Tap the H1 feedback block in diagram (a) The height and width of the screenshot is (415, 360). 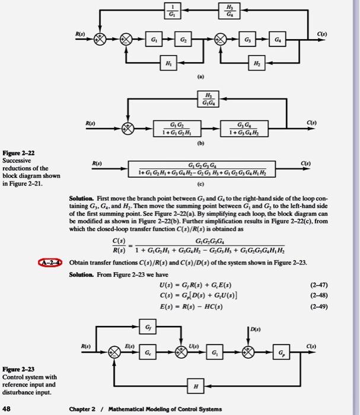[168, 62]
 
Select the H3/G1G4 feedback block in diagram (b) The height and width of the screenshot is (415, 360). [207, 100]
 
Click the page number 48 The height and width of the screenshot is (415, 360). [8, 407]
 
